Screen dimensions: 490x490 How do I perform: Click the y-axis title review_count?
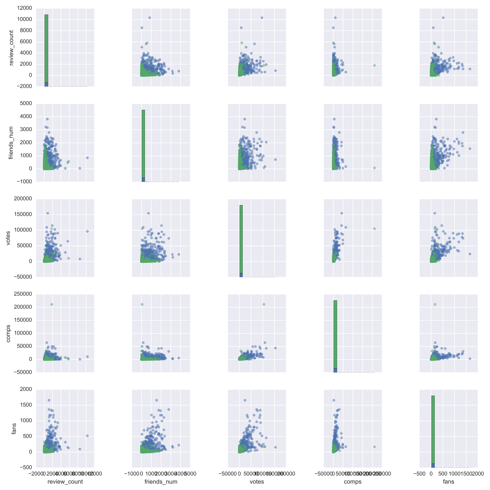[11, 48]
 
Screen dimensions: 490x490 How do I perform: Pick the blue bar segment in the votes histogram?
[241, 275]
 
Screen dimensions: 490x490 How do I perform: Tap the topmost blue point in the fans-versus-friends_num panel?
[156, 400]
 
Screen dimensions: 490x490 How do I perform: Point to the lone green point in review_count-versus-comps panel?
[374, 65]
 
